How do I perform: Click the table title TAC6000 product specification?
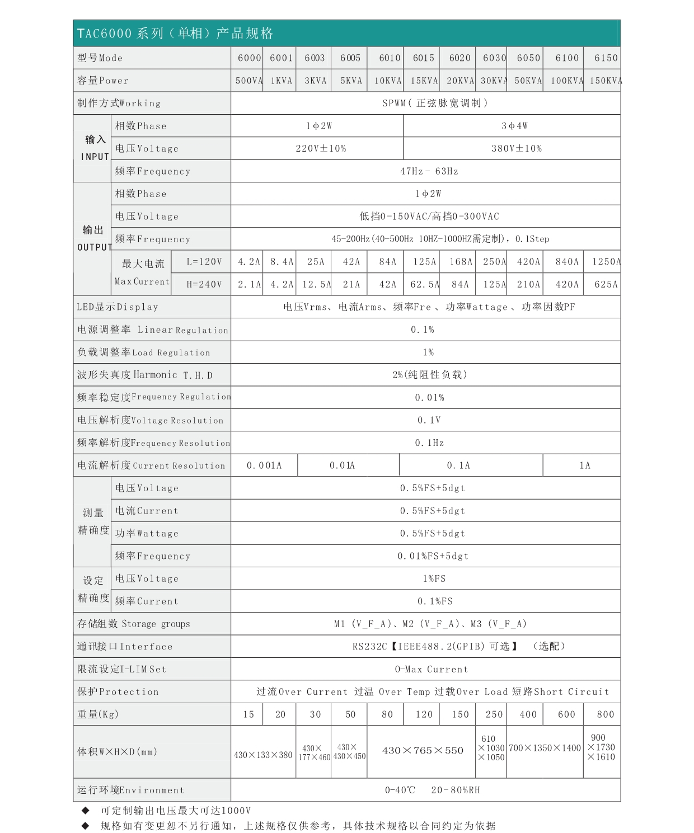click(175, 34)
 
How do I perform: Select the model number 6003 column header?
click(315, 58)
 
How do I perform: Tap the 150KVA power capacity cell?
click(605, 81)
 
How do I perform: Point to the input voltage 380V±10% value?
click(516, 149)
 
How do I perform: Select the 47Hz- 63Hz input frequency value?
click(429, 171)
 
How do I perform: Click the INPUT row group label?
click(95, 148)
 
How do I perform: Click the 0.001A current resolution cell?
click(264, 465)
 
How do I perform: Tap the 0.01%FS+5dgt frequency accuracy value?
click(433, 556)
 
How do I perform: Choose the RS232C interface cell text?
click(458, 647)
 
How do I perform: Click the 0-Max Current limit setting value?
click(431, 670)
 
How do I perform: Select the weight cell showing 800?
click(605, 714)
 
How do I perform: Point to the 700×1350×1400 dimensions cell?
click(545, 749)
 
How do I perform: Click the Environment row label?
click(130, 790)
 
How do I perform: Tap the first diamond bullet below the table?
click(86, 811)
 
